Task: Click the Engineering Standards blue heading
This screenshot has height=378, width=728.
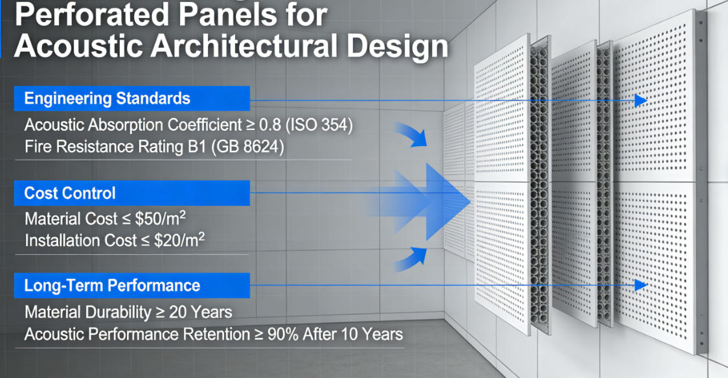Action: (x=108, y=98)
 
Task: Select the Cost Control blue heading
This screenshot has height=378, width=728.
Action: (x=70, y=193)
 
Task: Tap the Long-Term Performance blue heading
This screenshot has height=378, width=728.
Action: (x=112, y=285)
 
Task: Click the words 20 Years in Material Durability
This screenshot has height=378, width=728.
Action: (x=201, y=312)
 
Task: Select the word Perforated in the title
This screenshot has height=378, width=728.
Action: (x=88, y=14)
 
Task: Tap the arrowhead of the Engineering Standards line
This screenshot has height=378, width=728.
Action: (x=641, y=100)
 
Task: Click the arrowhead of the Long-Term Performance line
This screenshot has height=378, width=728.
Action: (x=641, y=285)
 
